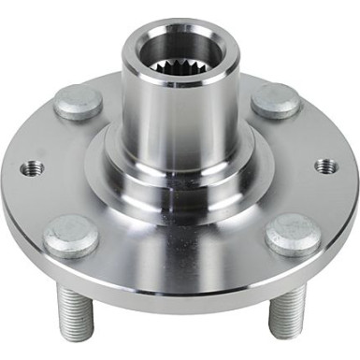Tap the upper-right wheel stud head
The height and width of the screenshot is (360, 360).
[x=275, y=100]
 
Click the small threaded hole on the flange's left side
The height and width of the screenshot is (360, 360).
[x=34, y=169]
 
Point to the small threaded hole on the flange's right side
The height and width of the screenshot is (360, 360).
[x=326, y=166]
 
